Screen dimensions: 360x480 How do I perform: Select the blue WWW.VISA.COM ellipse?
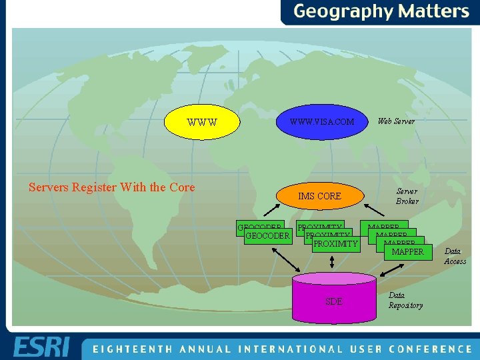point(321,122)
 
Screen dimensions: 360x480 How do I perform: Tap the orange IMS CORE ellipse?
point(319,196)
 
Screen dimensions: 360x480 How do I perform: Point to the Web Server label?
point(396,121)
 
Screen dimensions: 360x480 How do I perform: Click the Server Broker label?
point(407,195)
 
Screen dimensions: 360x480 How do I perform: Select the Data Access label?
point(455,256)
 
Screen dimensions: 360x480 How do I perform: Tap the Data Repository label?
point(405,300)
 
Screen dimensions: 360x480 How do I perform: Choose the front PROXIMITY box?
point(335,244)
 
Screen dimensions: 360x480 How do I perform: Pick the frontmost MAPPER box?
point(407,252)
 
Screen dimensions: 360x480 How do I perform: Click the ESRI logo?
point(41,347)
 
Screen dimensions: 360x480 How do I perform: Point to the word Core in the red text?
point(182,187)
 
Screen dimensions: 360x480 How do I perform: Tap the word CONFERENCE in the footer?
point(431,349)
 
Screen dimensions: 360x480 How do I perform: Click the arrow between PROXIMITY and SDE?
point(331,262)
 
